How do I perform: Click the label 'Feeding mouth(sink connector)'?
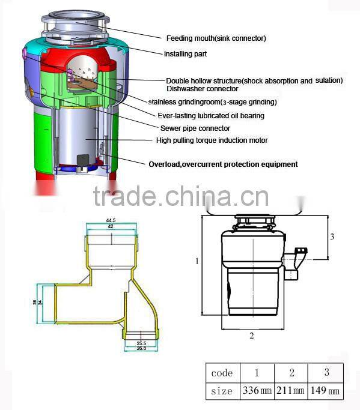click(216, 38)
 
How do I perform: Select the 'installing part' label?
click(185, 54)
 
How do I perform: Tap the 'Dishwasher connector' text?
click(203, 89)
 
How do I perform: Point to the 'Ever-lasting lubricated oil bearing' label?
click(211, 116)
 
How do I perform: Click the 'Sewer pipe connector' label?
click(195, 128)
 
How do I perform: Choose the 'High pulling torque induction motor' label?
click(212, 140)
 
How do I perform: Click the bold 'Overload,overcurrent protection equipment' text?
click(224, 164)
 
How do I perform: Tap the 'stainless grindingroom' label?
click(185, 101)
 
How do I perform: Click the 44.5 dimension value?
click(111, 220)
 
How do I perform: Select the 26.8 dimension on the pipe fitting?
click(141, 348)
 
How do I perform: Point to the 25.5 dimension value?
click(141, 343)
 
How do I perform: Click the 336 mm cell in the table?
click(257, 390)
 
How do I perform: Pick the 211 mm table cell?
click(290, 390)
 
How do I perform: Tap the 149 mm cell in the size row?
click(325, 390)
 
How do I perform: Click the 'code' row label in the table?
click(222, 373)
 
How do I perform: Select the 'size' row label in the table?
click(222, 391)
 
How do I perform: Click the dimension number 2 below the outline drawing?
click(252, 336)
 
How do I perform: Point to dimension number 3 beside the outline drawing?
click(332, 237)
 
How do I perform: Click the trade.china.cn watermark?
click(181, 196)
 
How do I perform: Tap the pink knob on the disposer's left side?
click(25, 53)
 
